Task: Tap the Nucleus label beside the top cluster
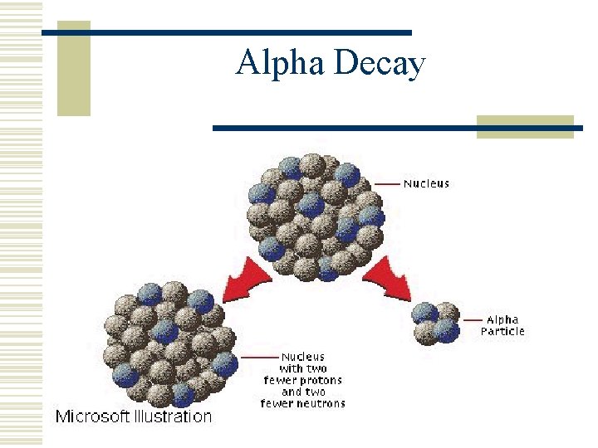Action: click(426, 183)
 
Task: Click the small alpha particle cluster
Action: click(436, 321)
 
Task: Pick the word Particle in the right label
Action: click(502, 332)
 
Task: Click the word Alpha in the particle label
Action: click(502, 320)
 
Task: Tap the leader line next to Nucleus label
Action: click(387, 183)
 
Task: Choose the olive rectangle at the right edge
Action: click(525, 126)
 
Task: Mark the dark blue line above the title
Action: click(226, 32)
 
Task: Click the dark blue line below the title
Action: click(397, 129)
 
